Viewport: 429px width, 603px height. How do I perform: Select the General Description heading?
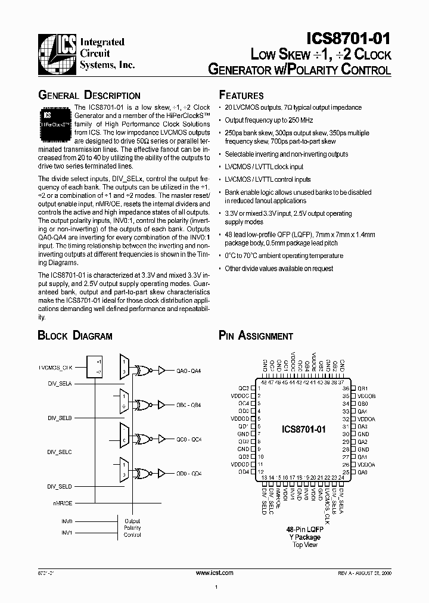(x=89, y=95)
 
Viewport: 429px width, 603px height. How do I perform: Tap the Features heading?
(x=241, y=95)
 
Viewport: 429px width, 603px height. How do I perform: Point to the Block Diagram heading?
(x=75, y=335)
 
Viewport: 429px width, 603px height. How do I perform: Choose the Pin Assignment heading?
(x=256, y=335)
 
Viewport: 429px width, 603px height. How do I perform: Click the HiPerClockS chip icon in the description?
(x=55, y=119)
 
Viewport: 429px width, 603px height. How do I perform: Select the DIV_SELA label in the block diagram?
(x=60, y=384)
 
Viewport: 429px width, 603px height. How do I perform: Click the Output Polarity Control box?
(x=132, y=527)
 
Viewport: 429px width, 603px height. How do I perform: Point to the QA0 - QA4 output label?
(x=189, y=370)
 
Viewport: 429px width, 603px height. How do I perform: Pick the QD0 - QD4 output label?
(x=189, y=473)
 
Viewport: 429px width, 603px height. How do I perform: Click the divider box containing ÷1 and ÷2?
(x=99, y=365)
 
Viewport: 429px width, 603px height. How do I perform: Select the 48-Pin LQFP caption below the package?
(x=305, y=529)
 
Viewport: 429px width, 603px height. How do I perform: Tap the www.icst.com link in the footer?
(x=214, y=572)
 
